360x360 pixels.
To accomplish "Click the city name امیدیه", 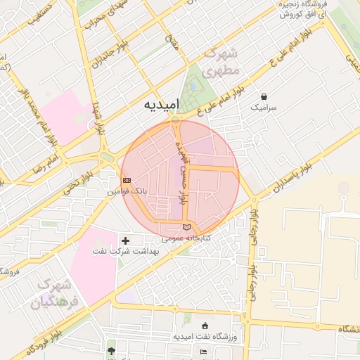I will pos(162,104).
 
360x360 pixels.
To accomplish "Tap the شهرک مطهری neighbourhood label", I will pos(220,63).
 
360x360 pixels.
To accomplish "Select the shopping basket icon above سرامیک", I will pos(264,96).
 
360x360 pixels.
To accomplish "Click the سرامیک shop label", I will pos(264,108).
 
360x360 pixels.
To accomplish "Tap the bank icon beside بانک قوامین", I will pos(127,180).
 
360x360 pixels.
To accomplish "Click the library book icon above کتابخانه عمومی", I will pos(186,226).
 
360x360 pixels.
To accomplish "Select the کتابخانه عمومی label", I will pos(186,238).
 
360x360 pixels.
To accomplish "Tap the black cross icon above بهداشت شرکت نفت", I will pos(126,240).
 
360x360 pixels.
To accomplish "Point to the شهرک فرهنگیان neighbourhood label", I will pos(51,295).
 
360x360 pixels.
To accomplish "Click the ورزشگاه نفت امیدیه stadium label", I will pos(205,337).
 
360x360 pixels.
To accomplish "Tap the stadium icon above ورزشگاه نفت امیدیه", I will pos(205,326).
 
